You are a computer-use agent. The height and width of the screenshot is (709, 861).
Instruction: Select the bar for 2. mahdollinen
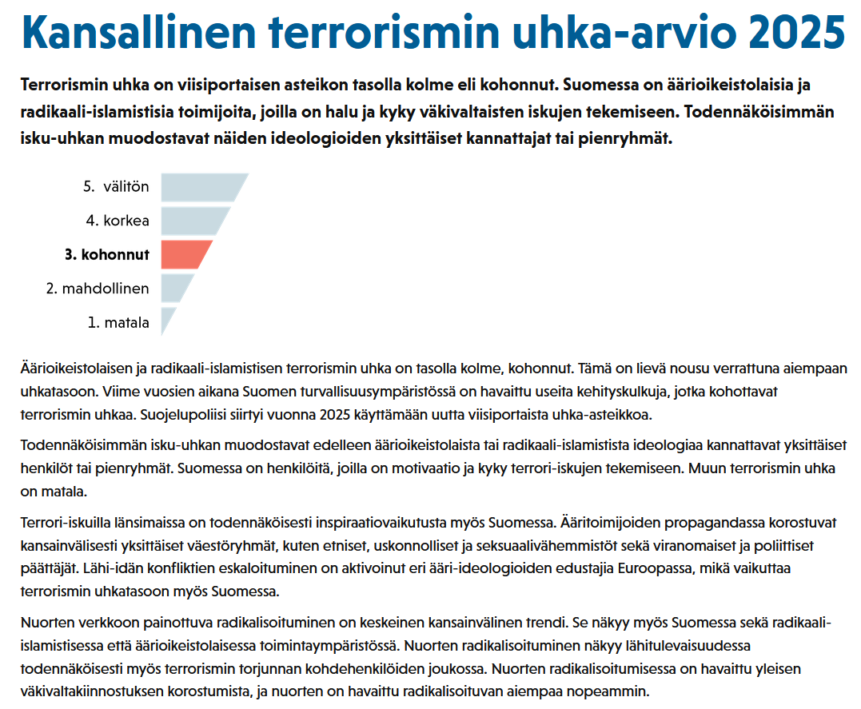[x=177, y=288]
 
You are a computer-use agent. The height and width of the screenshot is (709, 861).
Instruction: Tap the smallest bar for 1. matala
[x=167, y=320]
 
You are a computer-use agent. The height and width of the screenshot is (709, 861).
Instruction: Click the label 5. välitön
[x=116, y=187]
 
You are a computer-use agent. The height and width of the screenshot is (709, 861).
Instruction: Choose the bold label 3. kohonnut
[x=107, y=255]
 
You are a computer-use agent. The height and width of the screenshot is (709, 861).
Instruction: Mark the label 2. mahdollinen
[x=98, y=289]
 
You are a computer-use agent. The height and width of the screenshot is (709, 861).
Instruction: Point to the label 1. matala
[x=118, y=323]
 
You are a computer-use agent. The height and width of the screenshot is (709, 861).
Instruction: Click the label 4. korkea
[x=118, y=221]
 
